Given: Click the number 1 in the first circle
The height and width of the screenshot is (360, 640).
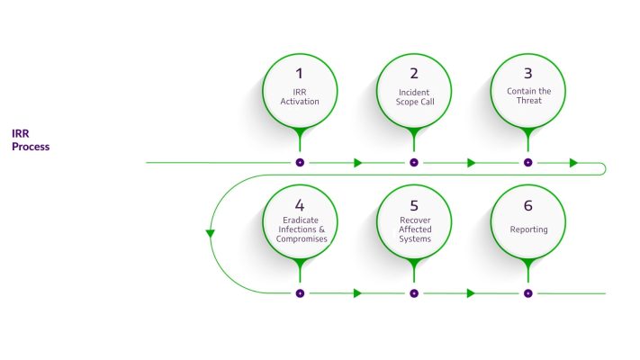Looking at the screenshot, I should [300, 73].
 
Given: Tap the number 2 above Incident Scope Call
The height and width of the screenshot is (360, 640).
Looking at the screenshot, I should [414, 73].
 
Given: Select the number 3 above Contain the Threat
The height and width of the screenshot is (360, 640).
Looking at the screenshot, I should [528, 73].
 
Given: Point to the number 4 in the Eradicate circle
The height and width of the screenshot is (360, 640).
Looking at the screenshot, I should [300, 203].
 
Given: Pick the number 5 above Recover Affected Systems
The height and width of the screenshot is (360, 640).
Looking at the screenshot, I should [414, 203].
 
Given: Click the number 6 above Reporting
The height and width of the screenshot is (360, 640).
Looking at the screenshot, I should [528, 203].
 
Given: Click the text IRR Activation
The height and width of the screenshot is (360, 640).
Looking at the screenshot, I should [300, 96].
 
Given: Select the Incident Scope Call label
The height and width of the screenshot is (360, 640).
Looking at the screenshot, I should [414, 96].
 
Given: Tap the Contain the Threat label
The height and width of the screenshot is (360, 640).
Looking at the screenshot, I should [528, 96].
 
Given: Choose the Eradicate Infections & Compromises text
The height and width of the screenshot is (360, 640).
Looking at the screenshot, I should [300, 229].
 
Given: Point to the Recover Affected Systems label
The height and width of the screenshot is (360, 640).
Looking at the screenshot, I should [414, 229].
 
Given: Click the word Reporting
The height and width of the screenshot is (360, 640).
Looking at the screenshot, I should [528, 229].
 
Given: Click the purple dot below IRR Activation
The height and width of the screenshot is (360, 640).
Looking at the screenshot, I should [300, 163].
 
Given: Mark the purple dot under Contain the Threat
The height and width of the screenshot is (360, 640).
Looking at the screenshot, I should [528, 163].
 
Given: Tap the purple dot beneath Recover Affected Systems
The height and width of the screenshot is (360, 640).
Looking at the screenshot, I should [414, 293].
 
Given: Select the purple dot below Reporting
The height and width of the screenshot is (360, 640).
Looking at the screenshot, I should [528, 293].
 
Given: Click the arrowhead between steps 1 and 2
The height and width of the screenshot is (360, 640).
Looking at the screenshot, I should [357, 163].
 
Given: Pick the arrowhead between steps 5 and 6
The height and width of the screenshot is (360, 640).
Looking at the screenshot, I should [471, 293].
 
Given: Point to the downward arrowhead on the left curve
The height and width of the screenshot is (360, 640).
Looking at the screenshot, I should [211, 234].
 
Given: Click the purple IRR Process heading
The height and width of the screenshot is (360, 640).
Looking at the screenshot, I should [31, 139].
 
